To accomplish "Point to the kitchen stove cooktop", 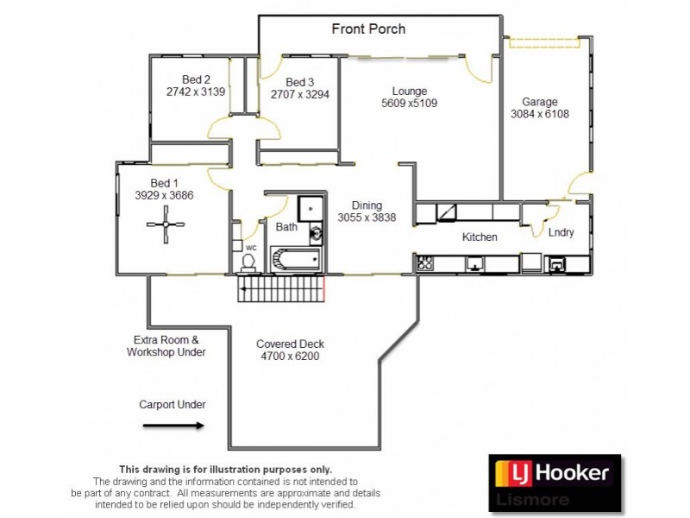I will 425,264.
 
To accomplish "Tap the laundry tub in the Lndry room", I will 558,264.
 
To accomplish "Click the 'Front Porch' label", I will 368,29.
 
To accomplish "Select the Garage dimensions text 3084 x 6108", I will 540,114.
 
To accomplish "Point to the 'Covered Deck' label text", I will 290,344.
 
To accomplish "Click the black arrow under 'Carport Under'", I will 172,425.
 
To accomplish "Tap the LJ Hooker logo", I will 554,473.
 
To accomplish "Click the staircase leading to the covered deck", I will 281,288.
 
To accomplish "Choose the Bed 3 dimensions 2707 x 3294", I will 299,95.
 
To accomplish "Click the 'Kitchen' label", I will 480,237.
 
